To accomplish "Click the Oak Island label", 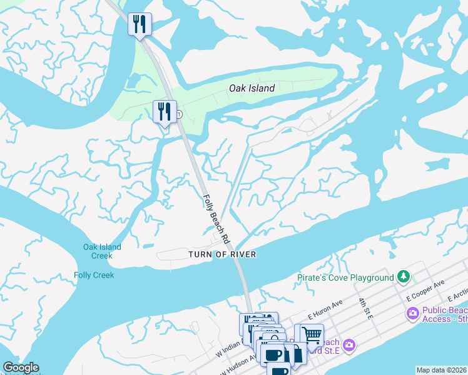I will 252,88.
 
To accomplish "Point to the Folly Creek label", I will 94,275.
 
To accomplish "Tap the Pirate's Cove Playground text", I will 345,277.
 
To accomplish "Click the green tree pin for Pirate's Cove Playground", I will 404,276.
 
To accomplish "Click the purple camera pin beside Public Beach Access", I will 412,313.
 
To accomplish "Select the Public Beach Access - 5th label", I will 444,314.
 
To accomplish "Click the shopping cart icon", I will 309,334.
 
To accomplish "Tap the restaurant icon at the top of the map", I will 140,24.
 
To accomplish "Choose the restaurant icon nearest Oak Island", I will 165,111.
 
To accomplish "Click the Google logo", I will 21,367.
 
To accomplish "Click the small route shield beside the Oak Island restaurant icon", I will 179,114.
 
